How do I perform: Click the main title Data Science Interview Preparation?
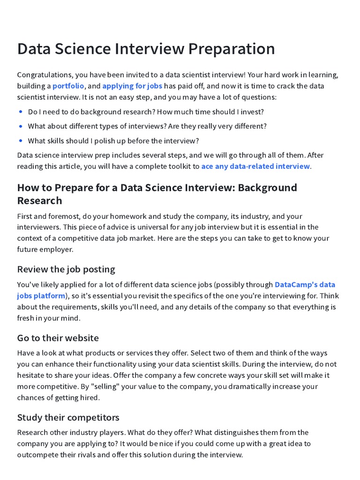146,49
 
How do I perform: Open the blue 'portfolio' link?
68,86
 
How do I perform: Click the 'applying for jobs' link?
132,86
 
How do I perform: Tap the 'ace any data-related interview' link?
255,166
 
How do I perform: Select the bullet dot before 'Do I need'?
21,112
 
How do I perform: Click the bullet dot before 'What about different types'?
21,127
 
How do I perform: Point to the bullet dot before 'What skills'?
21,141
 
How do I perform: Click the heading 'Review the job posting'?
66,269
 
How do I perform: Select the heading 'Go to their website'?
58,338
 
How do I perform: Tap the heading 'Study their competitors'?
68,417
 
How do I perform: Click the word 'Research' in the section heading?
39,201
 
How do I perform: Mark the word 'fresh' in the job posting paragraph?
26,318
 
